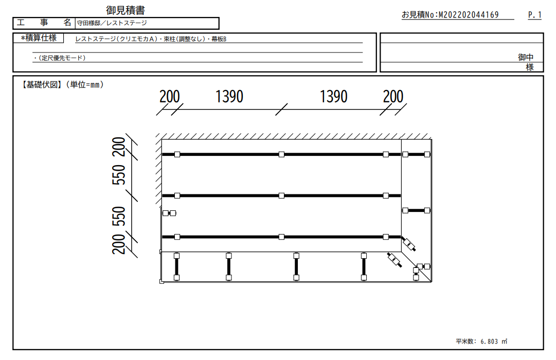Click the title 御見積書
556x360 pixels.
tap(125, 10)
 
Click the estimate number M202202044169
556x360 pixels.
tap(469, 14)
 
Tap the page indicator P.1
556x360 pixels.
tap(535, 14)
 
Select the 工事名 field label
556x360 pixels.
tap(44, 23)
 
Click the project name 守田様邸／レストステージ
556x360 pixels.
tap(112, 23)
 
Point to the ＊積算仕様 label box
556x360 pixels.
tap(38, 38)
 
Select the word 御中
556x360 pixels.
tap(526, 57)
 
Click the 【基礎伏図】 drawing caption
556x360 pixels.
tap(41, 84)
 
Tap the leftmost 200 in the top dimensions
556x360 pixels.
tap(170, 97)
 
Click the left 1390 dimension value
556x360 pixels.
tap(229, 97)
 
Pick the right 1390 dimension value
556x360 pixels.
tap(334, 97)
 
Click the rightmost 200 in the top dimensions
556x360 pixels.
tap(393, 97)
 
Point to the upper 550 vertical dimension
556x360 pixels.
tap(119, 174)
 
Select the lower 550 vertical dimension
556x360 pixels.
tap(119, 216)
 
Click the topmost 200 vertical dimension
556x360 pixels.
tap(119, 147)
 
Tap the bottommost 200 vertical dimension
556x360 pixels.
tap(119, 244)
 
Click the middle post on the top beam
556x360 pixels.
tap(281, 154)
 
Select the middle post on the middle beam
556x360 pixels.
tap(281, 195)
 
